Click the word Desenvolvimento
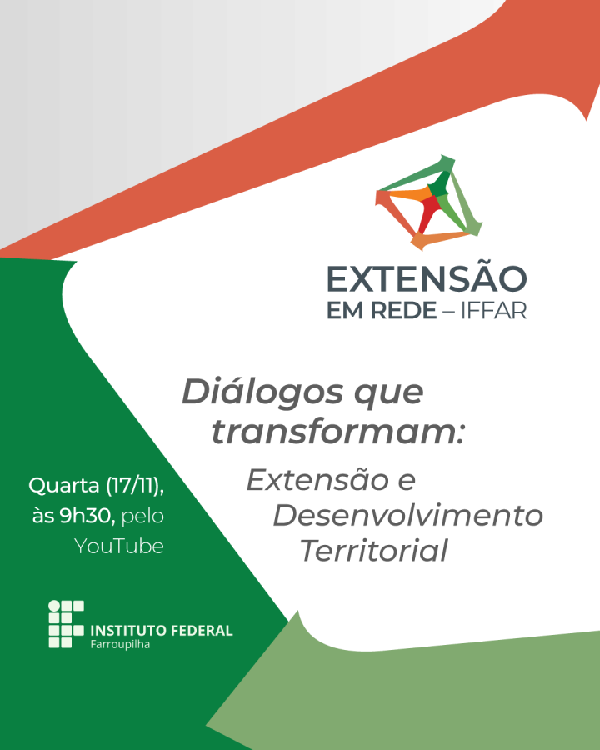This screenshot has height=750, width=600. (407, 515)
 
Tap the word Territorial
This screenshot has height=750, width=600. (374, 551)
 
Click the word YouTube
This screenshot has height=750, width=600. (119, 547)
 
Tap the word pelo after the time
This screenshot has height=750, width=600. (142, 517)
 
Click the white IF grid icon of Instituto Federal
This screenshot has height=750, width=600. (66, 623)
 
